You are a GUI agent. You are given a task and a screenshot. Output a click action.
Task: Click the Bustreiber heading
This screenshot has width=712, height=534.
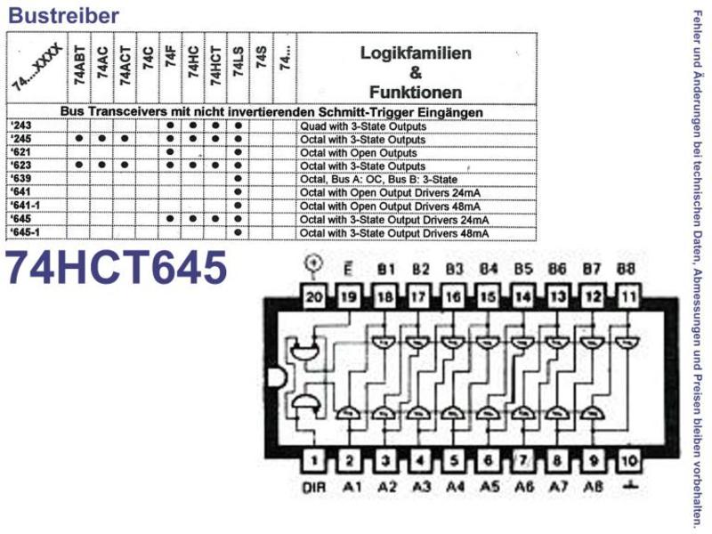point(63,15)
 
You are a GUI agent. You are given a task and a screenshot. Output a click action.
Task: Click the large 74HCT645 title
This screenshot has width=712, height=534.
point(117,268)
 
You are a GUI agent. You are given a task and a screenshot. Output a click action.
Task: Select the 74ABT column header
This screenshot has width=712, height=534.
point(79,65)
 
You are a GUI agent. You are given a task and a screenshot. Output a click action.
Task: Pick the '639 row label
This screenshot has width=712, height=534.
point(20,179)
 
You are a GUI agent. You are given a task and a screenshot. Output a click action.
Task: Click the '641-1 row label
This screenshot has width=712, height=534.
point(25,206)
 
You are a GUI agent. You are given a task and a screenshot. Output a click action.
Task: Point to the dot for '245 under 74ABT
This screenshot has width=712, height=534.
point(79,139)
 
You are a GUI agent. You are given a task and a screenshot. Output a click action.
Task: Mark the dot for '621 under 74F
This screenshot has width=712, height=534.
point(170,152)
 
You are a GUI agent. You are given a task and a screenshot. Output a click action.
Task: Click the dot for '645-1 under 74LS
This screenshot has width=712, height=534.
point(239,232)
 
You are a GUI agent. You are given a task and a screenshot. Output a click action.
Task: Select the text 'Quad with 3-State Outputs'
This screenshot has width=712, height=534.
point(363,126)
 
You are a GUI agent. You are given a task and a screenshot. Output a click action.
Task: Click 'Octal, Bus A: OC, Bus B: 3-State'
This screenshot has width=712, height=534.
point(379,180)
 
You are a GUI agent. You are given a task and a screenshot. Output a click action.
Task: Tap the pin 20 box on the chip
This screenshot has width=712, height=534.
point(314,297)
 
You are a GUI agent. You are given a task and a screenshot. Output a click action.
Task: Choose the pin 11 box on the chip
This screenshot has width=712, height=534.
point(628,297)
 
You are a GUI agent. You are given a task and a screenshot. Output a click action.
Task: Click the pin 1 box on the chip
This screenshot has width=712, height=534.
point(314,461)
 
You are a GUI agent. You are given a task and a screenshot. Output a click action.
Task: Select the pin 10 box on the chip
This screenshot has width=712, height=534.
point(628,461)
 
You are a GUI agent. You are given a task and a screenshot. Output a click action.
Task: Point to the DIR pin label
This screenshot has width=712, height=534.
point(314,488)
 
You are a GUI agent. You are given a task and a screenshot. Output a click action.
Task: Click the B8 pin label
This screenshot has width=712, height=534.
point(626,269)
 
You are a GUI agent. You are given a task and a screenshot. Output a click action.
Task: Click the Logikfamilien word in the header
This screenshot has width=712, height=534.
point(416,53)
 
